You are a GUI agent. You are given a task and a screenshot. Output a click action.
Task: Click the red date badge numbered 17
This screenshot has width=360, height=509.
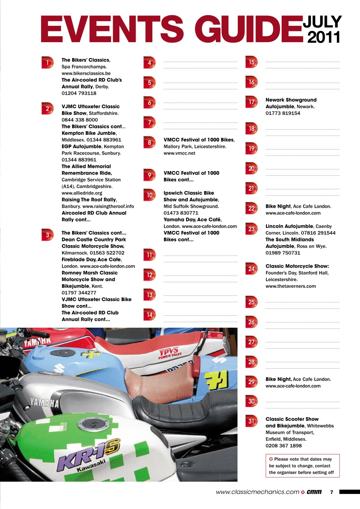click(251, 102)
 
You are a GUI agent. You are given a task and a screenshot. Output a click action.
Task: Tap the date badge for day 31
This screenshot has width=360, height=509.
click(251, 422)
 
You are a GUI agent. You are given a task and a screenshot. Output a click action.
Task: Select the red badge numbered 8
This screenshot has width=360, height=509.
click(149, 142)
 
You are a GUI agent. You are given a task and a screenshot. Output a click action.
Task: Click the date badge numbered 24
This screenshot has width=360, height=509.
click(251, 269)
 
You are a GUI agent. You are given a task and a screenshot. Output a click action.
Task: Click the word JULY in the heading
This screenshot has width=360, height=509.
click(323, 22)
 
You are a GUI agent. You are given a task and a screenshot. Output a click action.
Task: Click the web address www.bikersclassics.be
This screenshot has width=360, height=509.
click(86, 74)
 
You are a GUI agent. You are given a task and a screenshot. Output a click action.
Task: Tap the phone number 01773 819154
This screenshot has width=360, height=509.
click(283, 113)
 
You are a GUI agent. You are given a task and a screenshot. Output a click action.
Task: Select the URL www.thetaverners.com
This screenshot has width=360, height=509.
click(291, 286)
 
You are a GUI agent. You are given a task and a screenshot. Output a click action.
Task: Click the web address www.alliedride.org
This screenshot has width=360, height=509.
click(82, 193)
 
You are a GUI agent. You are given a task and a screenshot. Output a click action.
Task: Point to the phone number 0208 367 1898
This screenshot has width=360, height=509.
click(284, 446)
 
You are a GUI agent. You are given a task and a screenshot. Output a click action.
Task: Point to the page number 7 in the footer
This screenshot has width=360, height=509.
click(332, 492)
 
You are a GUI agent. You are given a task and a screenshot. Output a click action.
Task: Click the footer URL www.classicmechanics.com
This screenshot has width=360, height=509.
click(257, 492)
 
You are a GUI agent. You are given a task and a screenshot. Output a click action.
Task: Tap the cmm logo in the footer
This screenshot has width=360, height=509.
click(314, 492)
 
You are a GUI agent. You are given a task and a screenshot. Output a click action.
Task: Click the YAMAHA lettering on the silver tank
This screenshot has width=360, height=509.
click(45, 402)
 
